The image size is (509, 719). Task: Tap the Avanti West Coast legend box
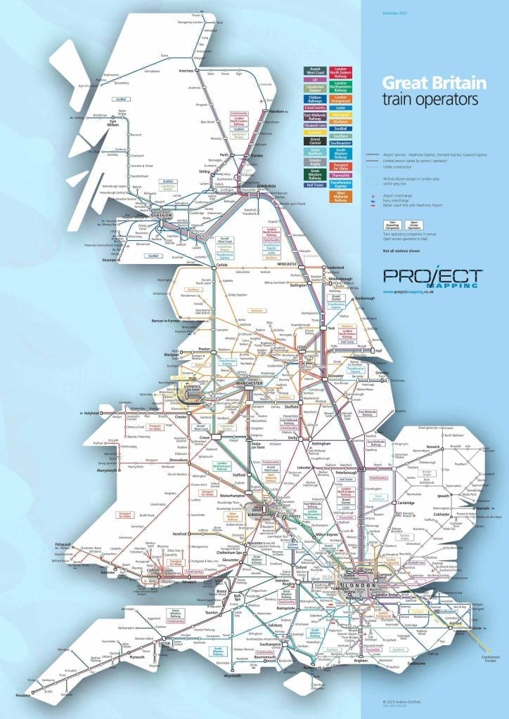(313, 71)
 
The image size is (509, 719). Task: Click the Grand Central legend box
(313, 140)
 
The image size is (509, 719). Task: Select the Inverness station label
(186, 70)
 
